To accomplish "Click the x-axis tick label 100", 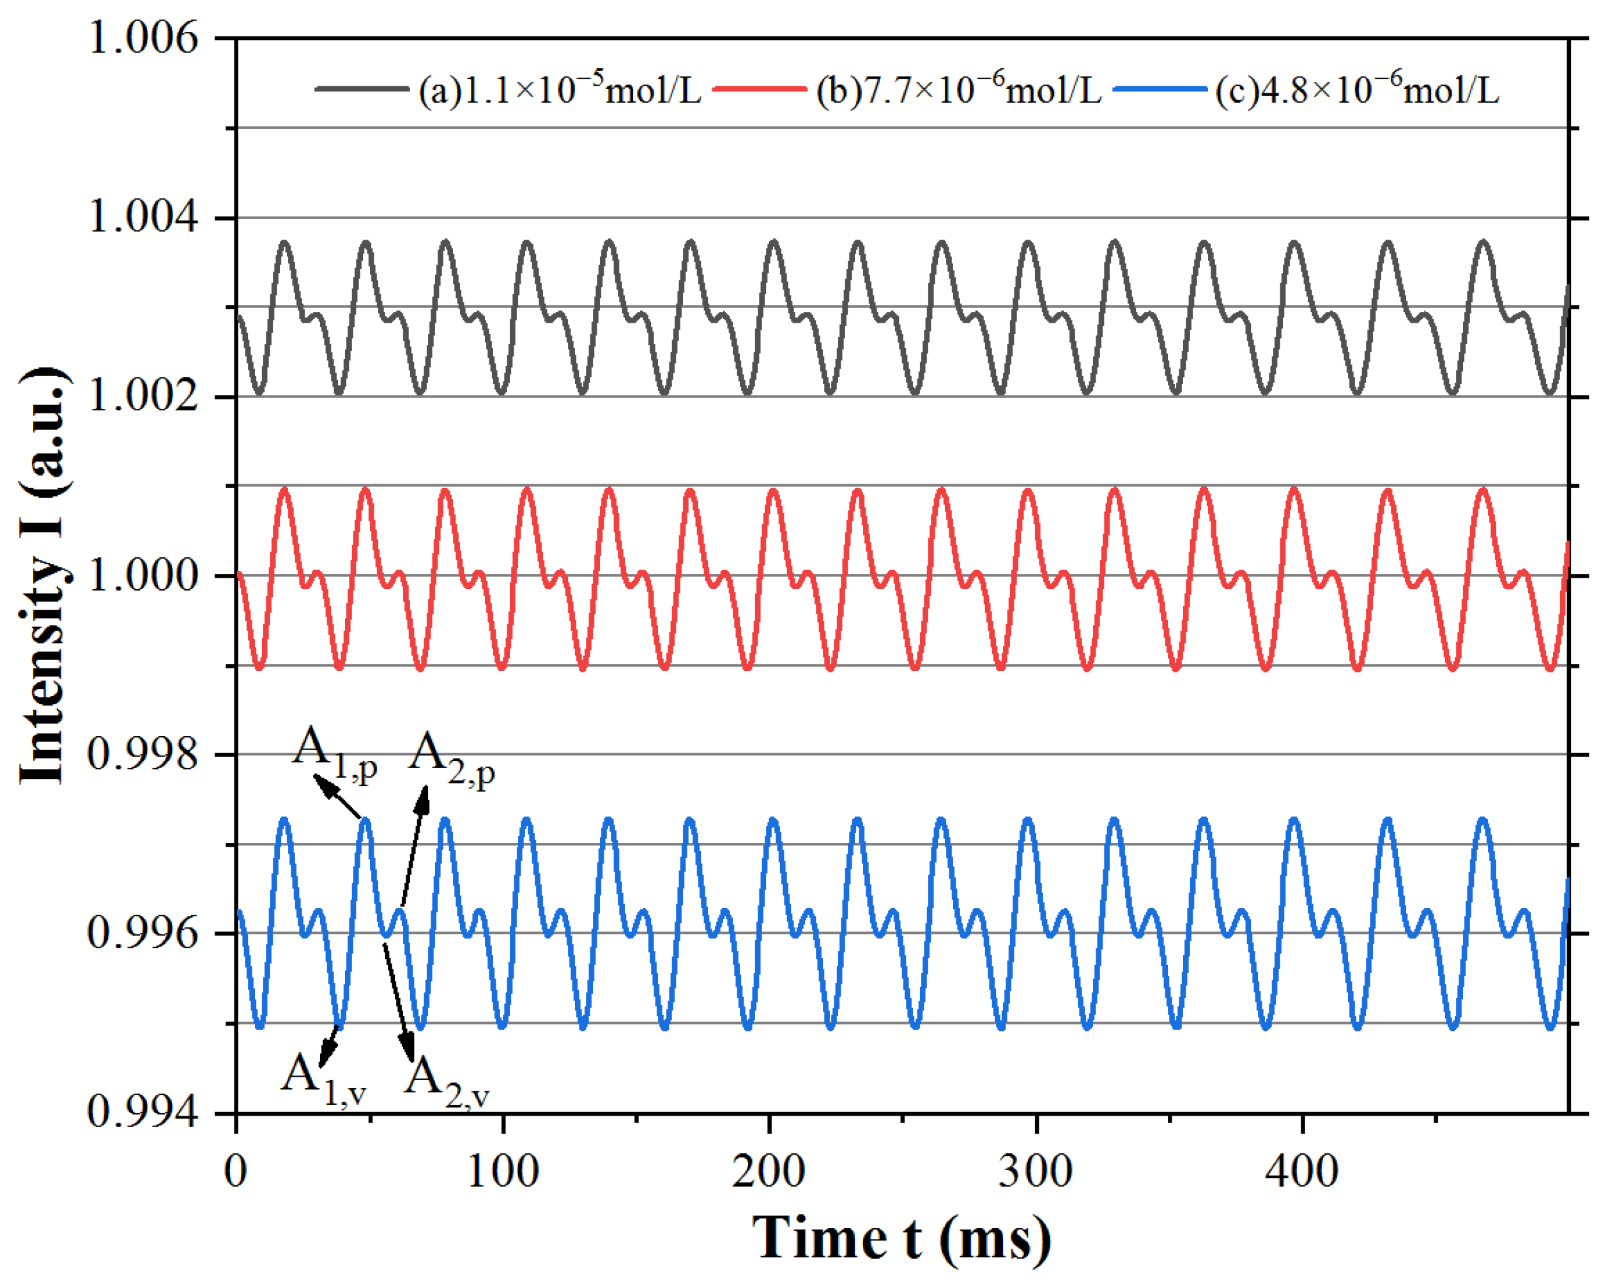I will (x=503, y=1171).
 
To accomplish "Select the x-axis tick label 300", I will (x=1036, y=1171).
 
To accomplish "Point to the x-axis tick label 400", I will (x=1302, y=1171).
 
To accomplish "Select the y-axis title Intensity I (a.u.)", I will (x=43, y=575).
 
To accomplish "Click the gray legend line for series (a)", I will (x=362, y=89).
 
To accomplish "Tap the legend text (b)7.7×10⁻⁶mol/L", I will (x=958, y=89).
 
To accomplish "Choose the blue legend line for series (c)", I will (x=1159, y=89).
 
